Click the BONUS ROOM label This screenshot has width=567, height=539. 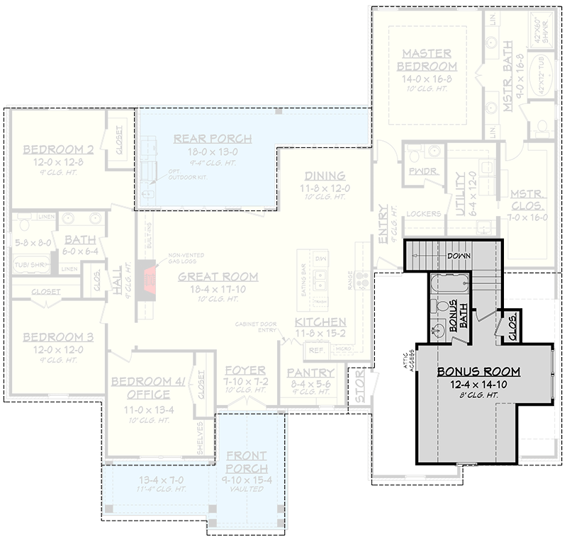[478, 371]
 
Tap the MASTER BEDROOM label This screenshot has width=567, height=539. [427, 59]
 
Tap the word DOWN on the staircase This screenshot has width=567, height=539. [461, 254]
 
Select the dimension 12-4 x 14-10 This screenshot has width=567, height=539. [478, 385]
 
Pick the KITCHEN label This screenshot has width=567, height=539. [320, 322]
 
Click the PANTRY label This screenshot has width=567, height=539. [310, 373]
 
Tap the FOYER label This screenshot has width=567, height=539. [245, 370]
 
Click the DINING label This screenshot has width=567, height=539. [325, 176]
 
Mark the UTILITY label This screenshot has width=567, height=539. [460, 193]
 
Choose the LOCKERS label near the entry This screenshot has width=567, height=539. [425, 213]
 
